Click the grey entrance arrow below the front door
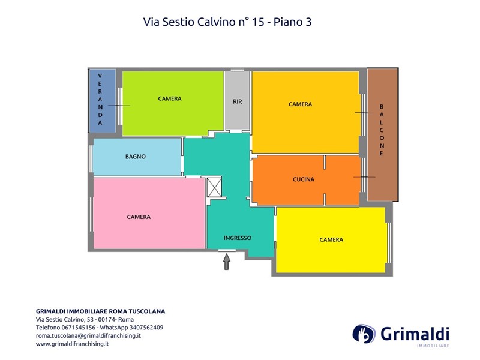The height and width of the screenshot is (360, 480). coord(227,262)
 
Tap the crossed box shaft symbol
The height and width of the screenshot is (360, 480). coord(214,187)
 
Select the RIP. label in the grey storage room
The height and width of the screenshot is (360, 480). coord(238,101)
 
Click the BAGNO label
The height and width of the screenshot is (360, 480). coord(136,157)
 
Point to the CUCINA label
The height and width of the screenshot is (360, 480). coord(304,179)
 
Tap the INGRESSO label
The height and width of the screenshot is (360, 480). coord(238,238)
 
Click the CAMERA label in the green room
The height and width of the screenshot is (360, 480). coord(170,98)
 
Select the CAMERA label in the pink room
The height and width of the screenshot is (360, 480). coord(139,217)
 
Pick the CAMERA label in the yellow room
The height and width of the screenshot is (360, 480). coord(331,239)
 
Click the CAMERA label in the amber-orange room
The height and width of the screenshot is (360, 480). coord(301,104)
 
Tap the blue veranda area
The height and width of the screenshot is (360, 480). coord(102,101)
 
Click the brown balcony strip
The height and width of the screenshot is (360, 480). coord(382,134)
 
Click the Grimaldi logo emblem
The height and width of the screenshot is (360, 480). coord(364,334)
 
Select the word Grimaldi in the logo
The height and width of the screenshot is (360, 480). coord(415,334)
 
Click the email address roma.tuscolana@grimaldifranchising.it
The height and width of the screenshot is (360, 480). coord(88,335)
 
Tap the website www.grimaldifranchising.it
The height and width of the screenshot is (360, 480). coord(73,344)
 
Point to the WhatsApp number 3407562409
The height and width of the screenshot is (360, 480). coord(146,328)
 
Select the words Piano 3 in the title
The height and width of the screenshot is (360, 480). coord(292,22)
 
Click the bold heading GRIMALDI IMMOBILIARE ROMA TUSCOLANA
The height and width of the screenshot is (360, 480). coord(100,311)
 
